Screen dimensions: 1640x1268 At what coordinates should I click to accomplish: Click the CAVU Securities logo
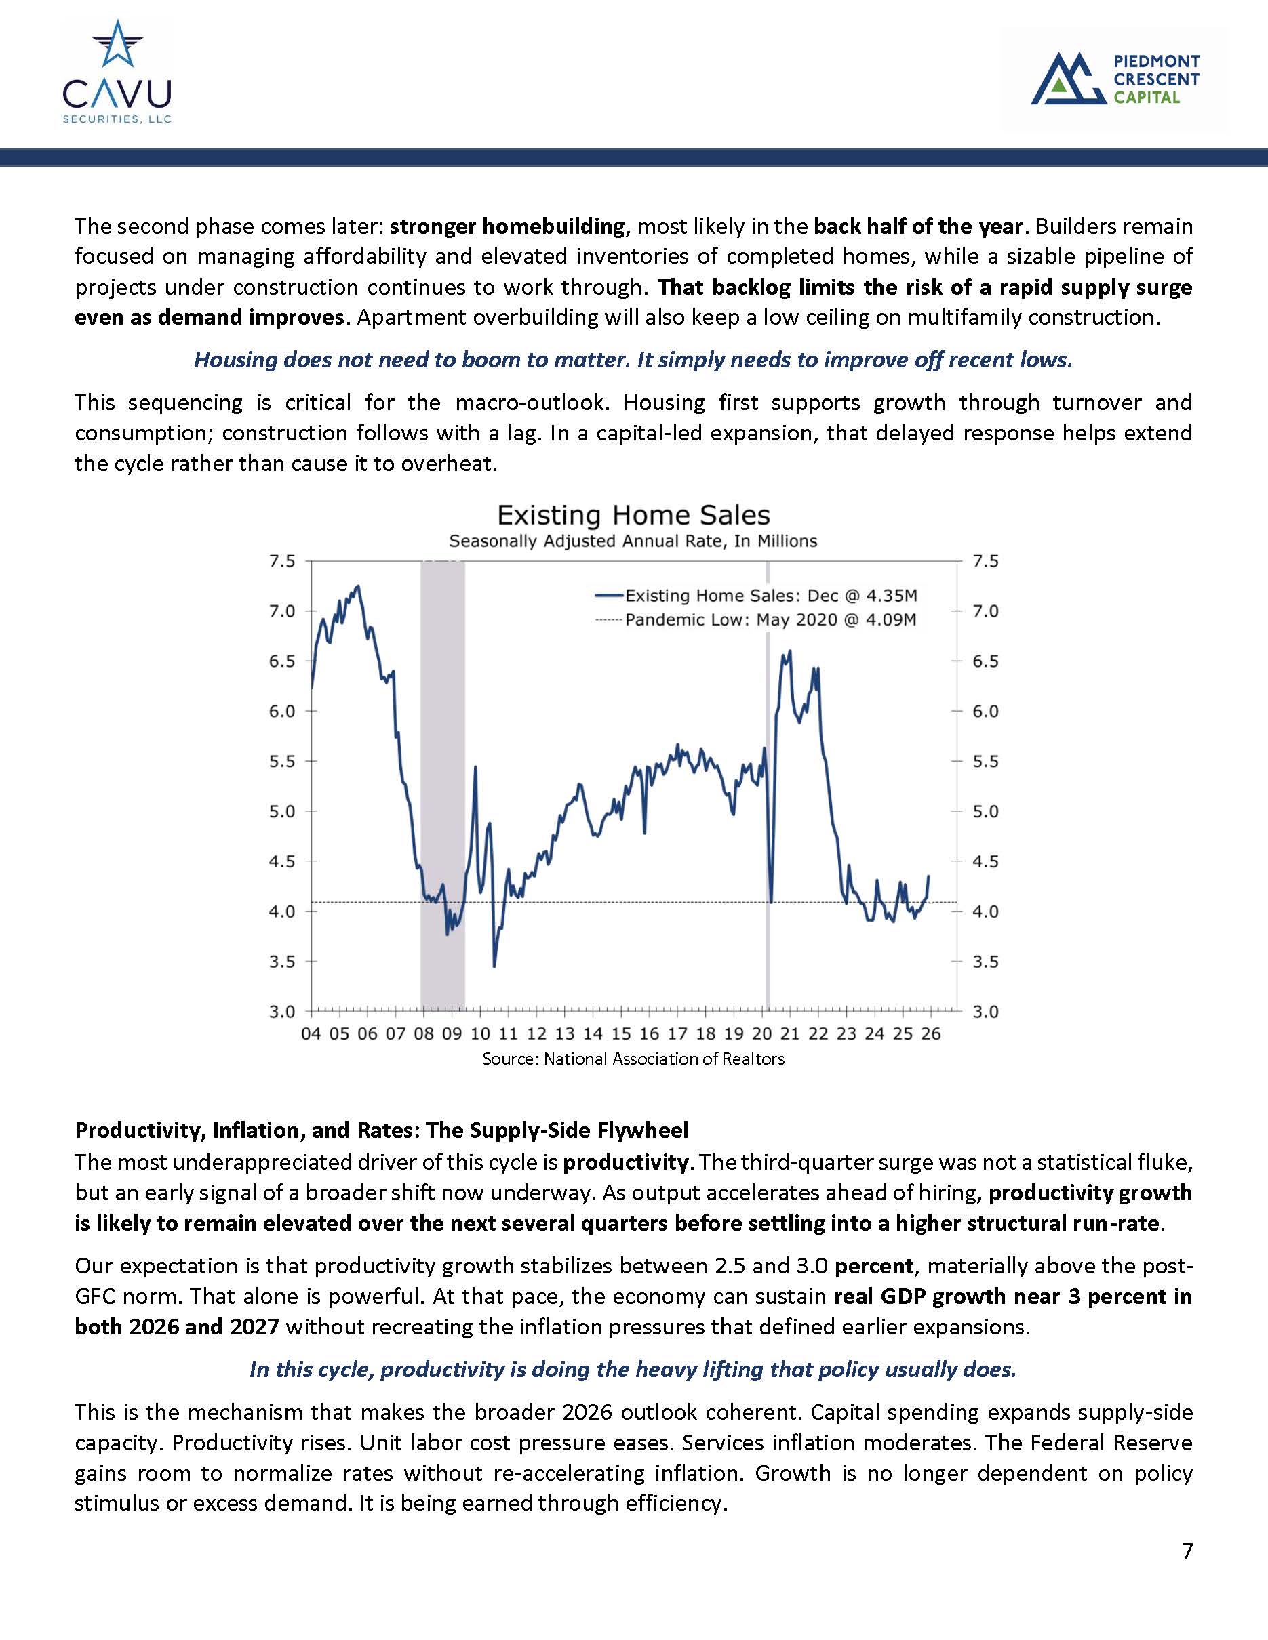pos(117,73)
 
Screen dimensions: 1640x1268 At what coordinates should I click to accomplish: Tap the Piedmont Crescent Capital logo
pos(1115,79)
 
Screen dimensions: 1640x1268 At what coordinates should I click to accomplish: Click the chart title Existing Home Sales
pos(633,515)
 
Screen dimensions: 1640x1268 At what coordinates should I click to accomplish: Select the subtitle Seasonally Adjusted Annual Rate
pos(633,541)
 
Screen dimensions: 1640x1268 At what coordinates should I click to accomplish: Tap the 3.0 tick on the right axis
pos(985,1012)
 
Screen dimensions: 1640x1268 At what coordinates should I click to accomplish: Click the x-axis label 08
pos(424,1034)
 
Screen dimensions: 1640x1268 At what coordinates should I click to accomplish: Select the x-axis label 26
pos(931,1034)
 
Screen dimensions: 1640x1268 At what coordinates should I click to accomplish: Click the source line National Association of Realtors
pos(633,1059)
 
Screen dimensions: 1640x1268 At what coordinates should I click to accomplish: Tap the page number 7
pos(1187,1551)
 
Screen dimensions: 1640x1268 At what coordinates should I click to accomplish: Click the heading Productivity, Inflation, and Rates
pos(381,1131)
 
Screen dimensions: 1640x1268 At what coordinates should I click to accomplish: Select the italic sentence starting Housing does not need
pos(633,360)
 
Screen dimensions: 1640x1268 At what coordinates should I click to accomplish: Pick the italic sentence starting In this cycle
pos(633,1370)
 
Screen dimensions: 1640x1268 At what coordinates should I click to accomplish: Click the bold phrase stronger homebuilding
pos(507,226)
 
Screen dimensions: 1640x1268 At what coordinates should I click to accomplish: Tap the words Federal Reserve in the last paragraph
pos(1111,1443)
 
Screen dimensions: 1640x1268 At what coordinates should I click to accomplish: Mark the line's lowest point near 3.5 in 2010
pos(494,966)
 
